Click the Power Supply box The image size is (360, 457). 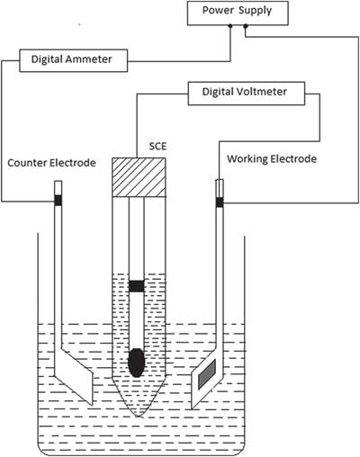(238, 13)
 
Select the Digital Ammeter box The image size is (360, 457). (74, 60)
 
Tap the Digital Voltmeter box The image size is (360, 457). (247, 94)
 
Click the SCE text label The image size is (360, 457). (157, 146)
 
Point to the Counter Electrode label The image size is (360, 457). (51, 163)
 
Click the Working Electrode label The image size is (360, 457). (272, 158)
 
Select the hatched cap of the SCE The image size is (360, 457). (139, 177)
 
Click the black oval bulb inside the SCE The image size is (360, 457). (137, 363)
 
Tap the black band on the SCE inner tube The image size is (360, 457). (137, 286)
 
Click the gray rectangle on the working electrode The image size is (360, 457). (207, 374)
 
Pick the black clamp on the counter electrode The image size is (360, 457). (58, 200)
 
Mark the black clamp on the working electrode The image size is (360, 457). (220, 202)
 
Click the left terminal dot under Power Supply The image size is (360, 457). (230, 26)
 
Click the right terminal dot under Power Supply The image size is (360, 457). (246, 26)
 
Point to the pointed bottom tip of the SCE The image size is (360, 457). (138, 417)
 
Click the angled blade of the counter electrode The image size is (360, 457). (74, 376)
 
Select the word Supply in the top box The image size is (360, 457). (256, 11)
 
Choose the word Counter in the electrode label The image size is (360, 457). (27, 163)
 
